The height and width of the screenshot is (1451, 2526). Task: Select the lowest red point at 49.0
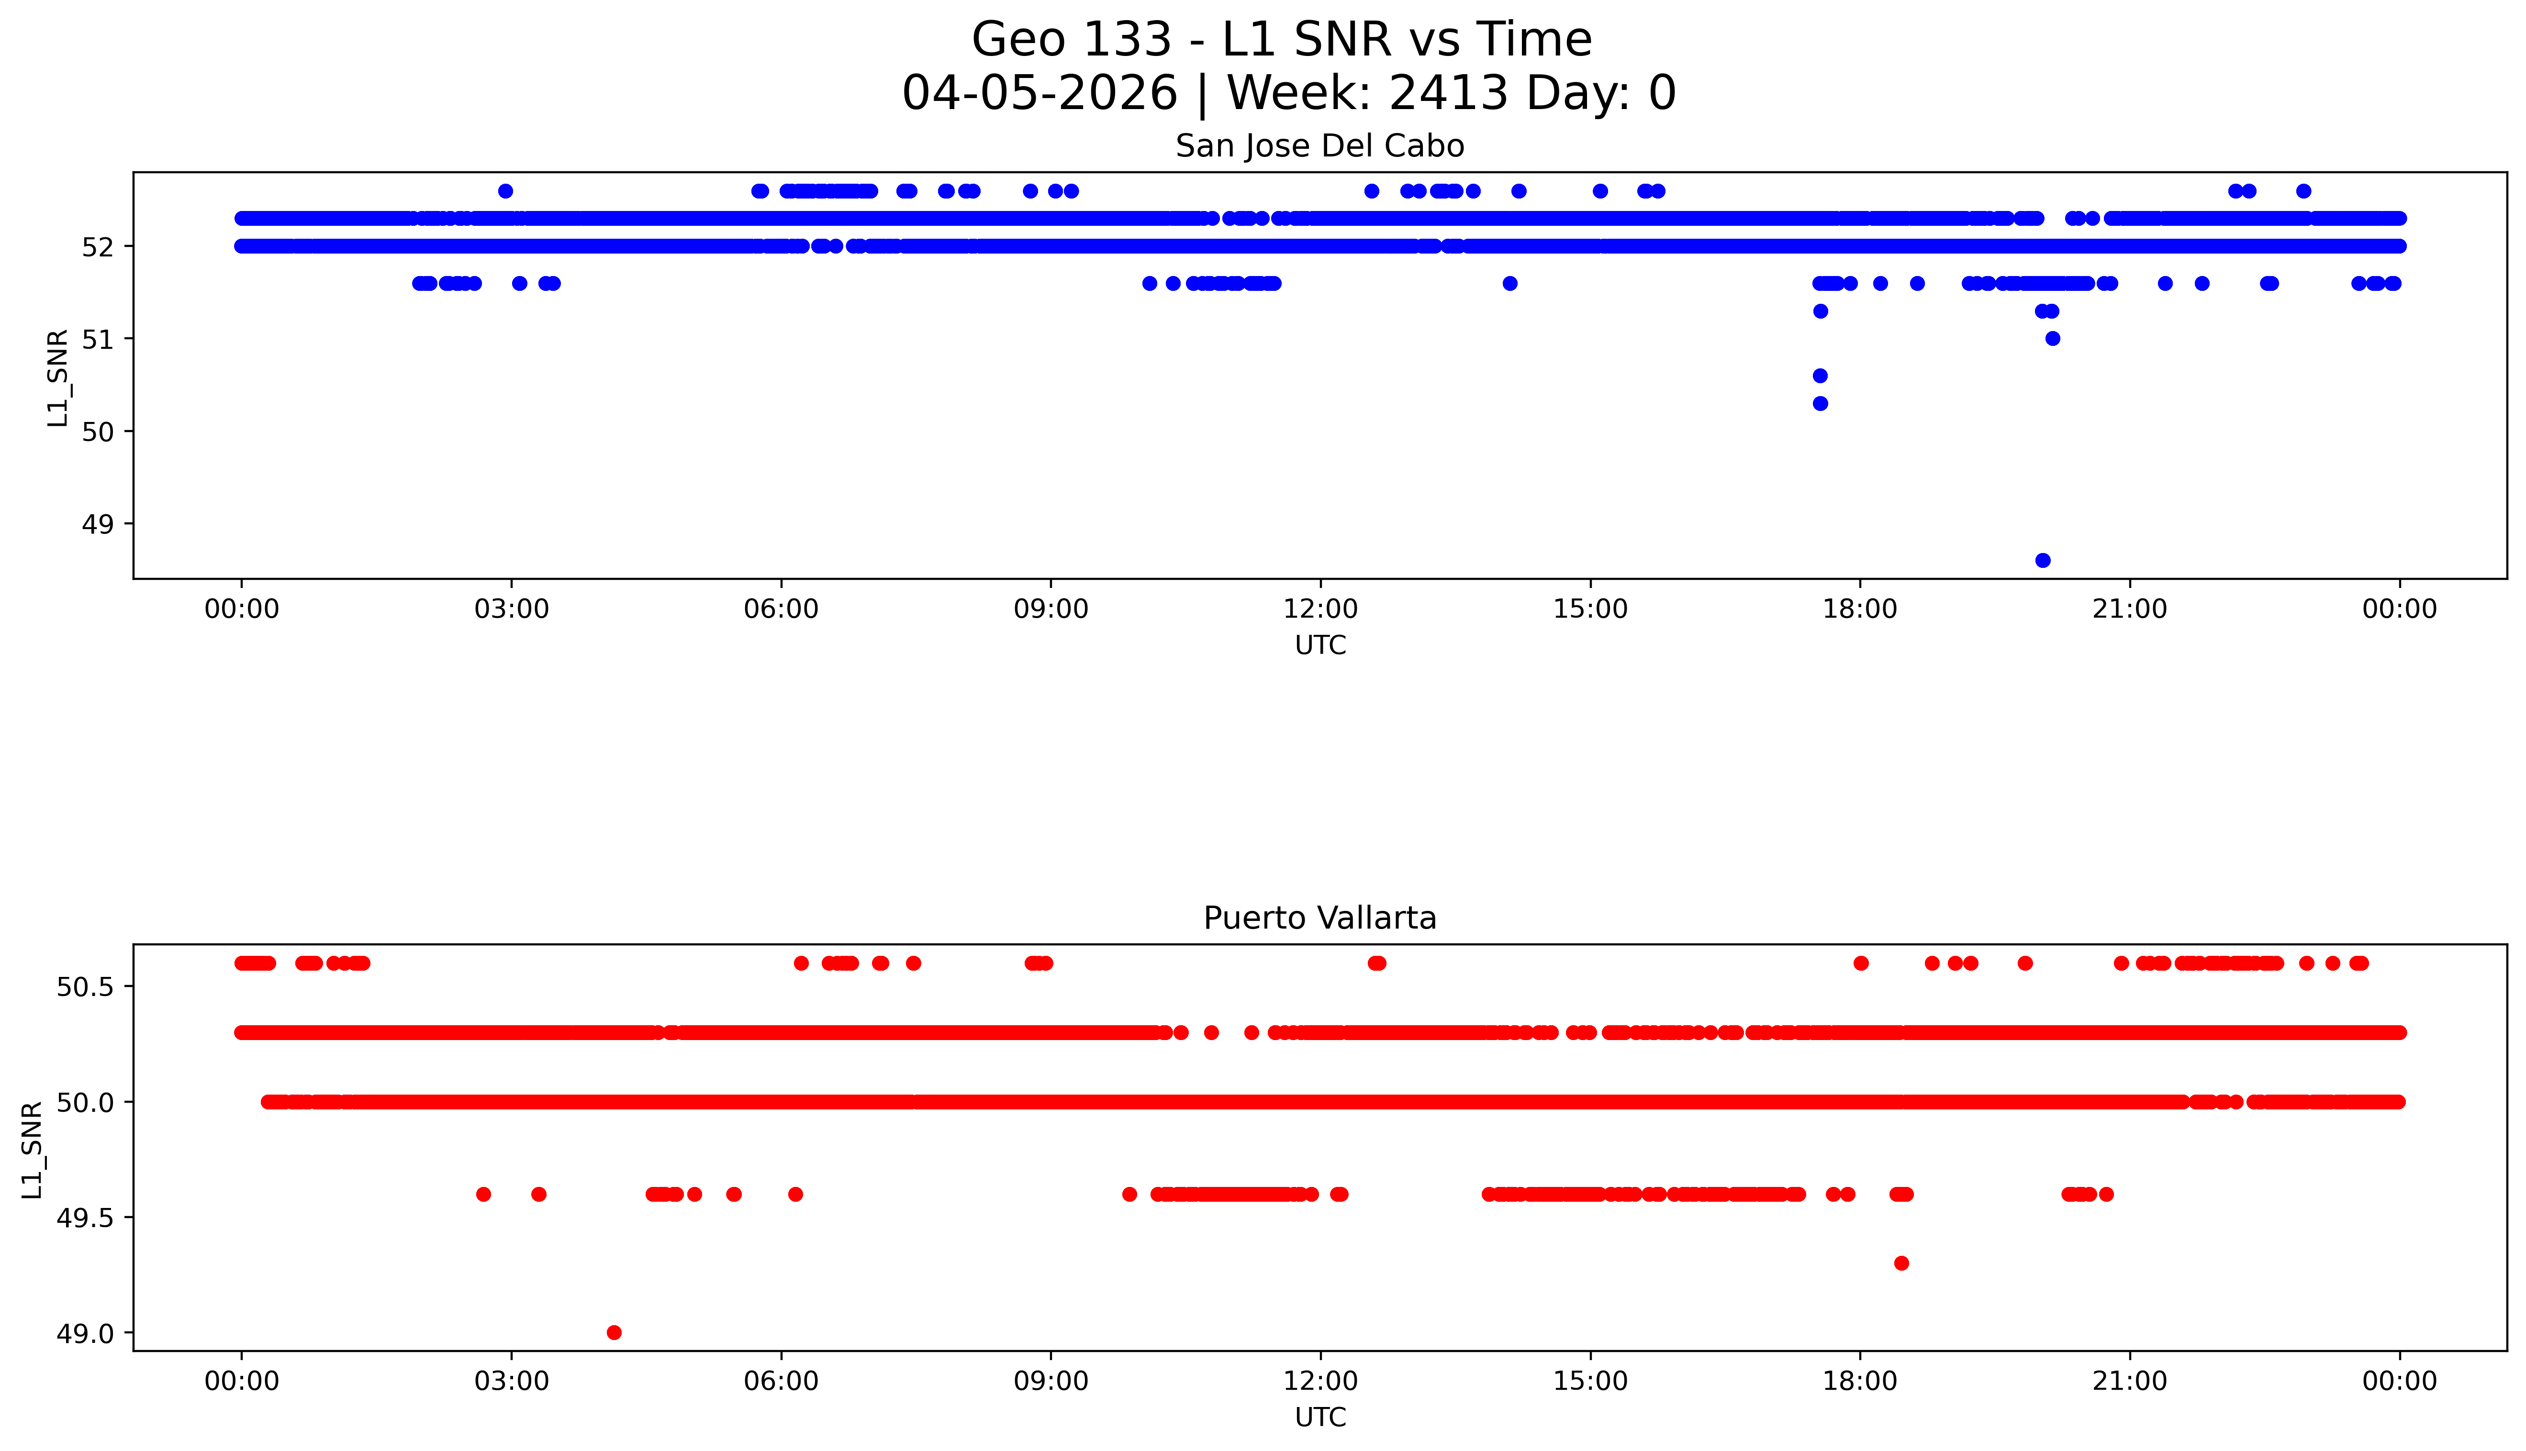coord(614,1332)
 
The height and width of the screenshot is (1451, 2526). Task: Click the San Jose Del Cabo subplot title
coord(1320,146)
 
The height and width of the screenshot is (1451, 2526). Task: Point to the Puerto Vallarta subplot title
coord(1320,918)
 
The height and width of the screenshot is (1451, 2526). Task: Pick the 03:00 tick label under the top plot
coord(512,609)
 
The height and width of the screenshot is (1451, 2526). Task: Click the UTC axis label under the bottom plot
coord(1320,1417)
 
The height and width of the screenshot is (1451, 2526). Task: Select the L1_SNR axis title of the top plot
coord(58,379)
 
